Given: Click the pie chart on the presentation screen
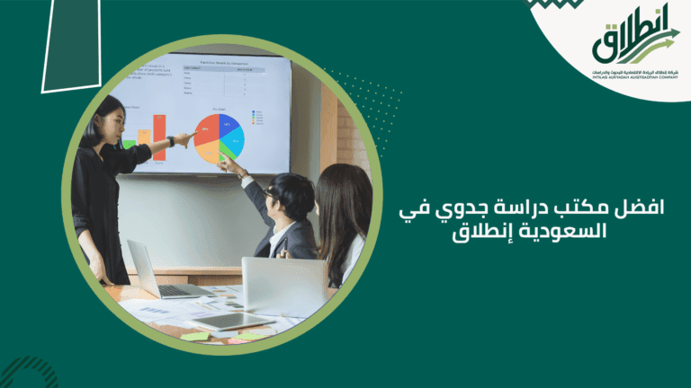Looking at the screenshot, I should pyautogui.click(x=219, y=137).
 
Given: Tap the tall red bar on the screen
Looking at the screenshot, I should pyautogui.click(x=159, y=137).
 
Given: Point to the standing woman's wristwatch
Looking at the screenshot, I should pyautogui.click(x=170, y=141).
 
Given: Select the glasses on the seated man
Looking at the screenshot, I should pyautogui.click(x=271, y=192).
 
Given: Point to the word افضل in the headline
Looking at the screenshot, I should pyautogui.click(x=630, y=208).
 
